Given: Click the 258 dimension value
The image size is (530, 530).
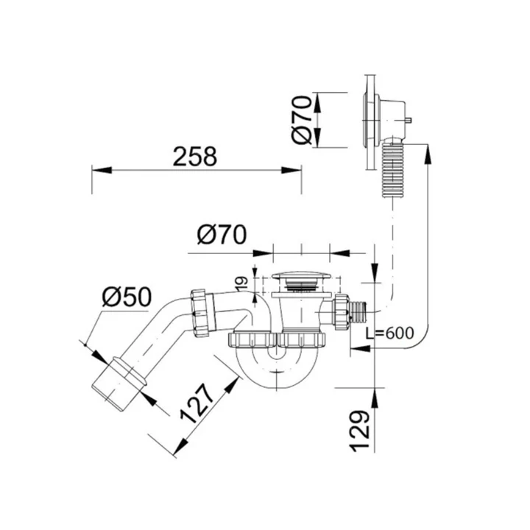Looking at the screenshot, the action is (194, 156).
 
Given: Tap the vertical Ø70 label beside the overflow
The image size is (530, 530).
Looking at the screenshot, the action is (302, 120).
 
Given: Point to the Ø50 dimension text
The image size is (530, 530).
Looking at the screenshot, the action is (127, 297).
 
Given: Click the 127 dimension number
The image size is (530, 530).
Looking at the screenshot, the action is (197, 403).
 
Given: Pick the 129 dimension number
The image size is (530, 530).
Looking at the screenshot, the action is (359, 431).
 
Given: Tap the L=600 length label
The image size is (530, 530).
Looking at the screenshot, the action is (389, 333).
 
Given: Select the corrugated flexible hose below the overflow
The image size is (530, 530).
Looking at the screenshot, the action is (392, 170).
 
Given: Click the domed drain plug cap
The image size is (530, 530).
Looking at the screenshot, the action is (301, 275).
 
